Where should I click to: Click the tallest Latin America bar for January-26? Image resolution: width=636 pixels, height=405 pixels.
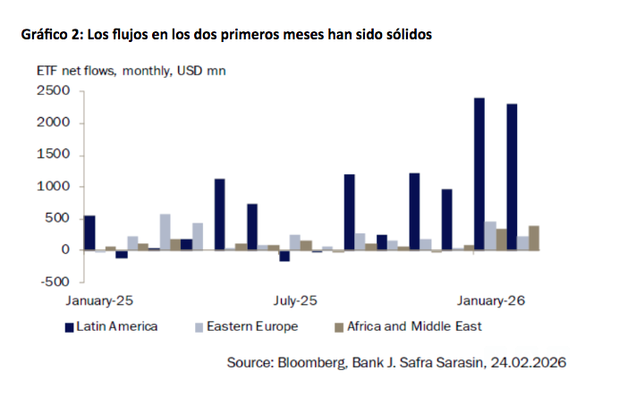click(x=479, y=173)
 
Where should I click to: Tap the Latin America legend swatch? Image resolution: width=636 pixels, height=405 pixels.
click(x=69, y=326)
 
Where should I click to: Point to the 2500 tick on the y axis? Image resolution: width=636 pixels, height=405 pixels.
click(x=54, y=91)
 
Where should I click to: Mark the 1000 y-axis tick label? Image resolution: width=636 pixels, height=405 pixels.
click(x=54, y=187)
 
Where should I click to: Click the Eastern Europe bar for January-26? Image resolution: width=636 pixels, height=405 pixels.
click(x=490, y=235)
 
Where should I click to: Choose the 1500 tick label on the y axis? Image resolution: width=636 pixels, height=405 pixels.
click(x=54, y=155)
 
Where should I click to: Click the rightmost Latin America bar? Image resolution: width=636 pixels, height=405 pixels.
click(x=512, y=177)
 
